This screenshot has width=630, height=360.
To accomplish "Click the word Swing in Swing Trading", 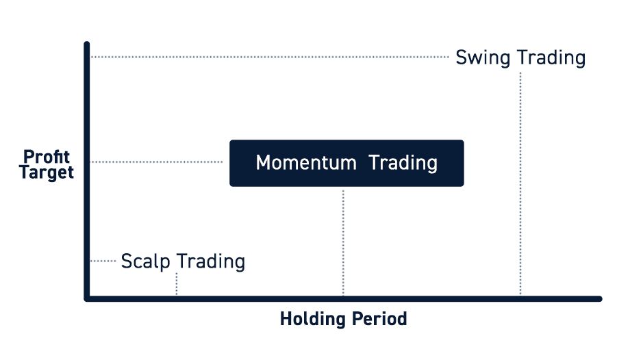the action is (483, 58).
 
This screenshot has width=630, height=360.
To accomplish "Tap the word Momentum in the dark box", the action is (306, 163).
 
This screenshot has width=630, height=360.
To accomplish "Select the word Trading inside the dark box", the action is (403, 164).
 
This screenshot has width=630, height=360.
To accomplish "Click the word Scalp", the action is (145, 261).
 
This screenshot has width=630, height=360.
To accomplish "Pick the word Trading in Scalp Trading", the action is (211, 261).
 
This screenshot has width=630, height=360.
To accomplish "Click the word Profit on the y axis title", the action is (47, 156).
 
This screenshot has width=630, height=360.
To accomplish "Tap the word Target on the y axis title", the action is (47, 172).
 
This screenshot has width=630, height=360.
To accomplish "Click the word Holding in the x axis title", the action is (312, 319).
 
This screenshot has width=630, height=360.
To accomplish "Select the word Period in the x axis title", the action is (379, 319).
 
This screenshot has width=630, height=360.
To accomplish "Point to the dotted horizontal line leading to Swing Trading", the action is (270, 57).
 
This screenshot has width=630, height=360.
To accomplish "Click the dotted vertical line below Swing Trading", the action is (520, 183).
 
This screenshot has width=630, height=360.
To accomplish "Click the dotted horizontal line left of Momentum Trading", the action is (157, 162).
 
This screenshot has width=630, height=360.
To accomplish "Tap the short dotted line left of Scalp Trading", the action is (103, 261).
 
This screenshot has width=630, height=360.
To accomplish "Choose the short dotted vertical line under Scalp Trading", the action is (177, 284).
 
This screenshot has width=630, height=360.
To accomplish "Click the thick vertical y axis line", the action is (87, 170).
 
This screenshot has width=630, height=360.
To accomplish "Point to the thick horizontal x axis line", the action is (343, 298).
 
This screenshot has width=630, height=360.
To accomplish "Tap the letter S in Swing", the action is (462, 57).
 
